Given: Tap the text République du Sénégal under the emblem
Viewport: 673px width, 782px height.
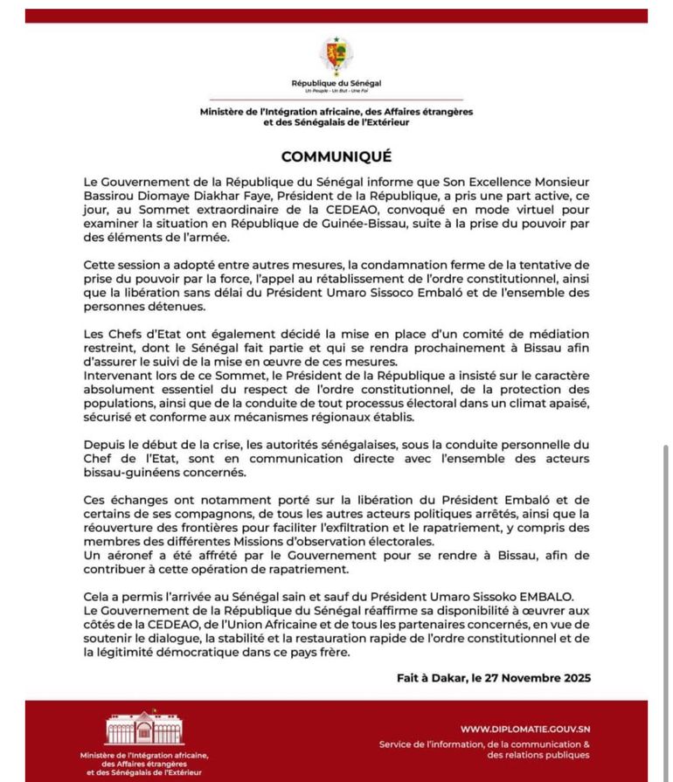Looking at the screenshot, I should [336, 83].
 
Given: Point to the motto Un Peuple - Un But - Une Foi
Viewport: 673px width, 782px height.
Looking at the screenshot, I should [336, 91].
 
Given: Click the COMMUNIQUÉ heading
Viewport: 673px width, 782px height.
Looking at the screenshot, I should [336, 156].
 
